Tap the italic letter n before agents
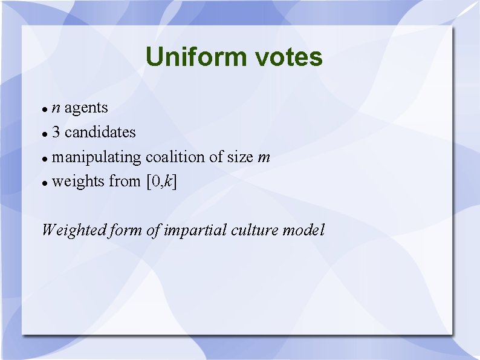pyautogui.click(x=56, y=109)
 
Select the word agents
pyautogui.click(x=86, y=108)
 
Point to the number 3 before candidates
pyautogui.click(x=56, y=132)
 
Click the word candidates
pyautogui.click(x=100, y=132)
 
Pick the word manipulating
pyautogui.click(x=97, y=157)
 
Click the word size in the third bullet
pyautogui.click(x=241, y=157)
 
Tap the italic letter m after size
pyautogui.click(x=264, y=158)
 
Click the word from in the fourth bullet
pyautogui.click(x=125, y=181)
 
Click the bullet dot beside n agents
pyautogui.click(x=45, y=110)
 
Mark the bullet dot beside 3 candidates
pyautogui.click(x=45, y=133)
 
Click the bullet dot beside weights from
pyautogui.click(x=45, y=182)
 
